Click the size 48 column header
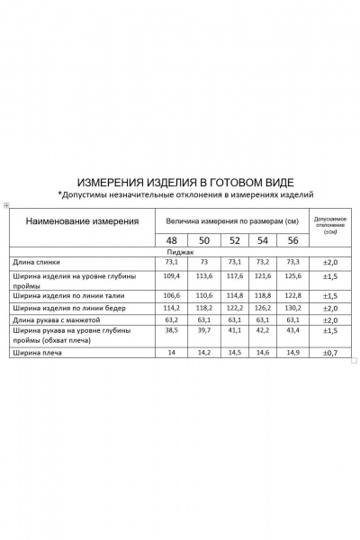[x=171, y=240]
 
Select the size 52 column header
[x=234, y=240]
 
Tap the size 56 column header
[x=292, y=240]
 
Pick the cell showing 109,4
[x=171, y=275]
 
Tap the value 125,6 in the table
[x=292, y=275]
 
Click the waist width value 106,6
[x=171, y=295]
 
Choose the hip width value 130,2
[x=292, y=307]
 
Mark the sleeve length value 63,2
[x=171, y=319]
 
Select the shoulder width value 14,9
[x=292, y=353]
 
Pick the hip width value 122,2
[x=234, y=307]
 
